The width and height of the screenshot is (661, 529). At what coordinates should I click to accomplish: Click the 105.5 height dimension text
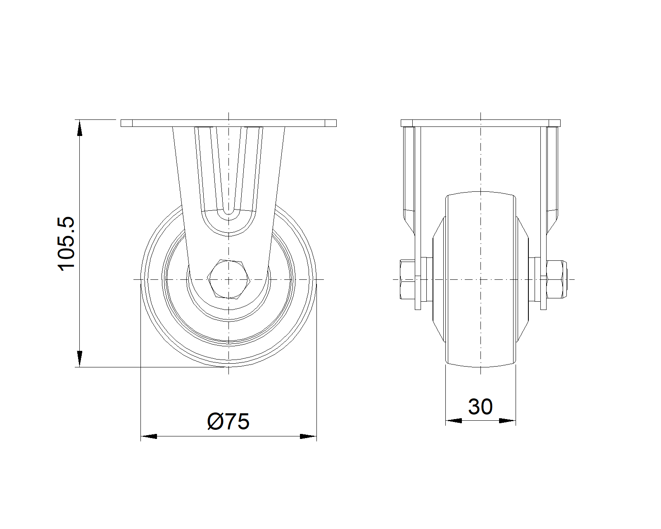tap(67, 243)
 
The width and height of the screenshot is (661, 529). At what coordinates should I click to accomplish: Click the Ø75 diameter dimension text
tap(228, 422)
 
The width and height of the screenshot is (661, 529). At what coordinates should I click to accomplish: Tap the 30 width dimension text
tap(480, 407)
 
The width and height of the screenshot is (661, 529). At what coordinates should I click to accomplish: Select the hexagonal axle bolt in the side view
tap(229, 279)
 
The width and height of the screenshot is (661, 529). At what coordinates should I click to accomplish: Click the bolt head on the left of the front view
tap(408, 279)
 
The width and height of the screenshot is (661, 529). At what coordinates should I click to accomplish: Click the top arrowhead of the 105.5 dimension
tap(80, 128)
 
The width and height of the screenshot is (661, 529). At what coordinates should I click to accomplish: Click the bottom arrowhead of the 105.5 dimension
tap(80, 359)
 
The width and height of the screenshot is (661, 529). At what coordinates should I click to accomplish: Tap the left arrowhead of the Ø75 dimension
tap(149, 436)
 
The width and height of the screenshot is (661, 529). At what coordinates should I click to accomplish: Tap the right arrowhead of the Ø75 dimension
tap(308, 436)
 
